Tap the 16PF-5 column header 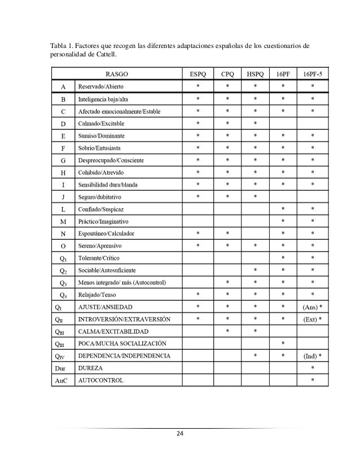[x=313, y=74]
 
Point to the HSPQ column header [x=255, y=74]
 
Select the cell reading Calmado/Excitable [x=101, y=123]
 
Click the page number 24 [x=180, y=434]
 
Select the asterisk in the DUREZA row [x=313, y=368]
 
